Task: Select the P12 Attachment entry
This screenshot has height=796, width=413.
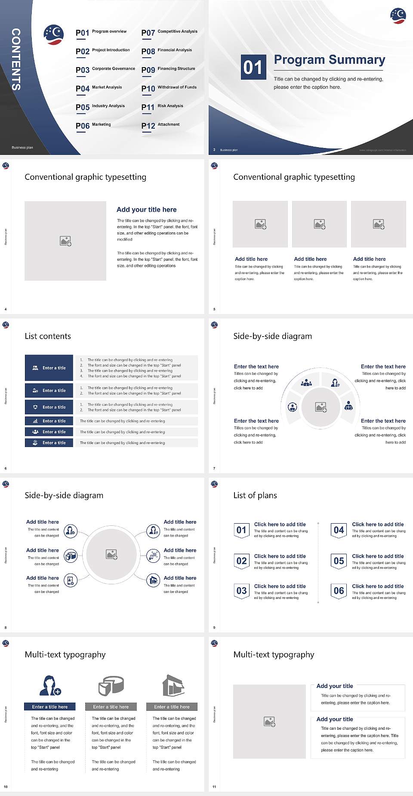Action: click(160, 126)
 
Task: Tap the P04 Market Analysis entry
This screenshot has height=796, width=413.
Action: click(99, 88)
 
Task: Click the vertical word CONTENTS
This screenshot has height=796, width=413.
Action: click(16, 59)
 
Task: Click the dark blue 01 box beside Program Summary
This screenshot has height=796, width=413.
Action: click(253, 67)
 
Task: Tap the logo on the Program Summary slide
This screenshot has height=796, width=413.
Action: click(398, 15)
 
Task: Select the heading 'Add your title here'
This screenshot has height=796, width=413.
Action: click(146, 210)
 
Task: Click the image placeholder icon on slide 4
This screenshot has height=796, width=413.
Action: click(65, 241)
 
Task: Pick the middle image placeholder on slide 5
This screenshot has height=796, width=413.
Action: click(319, 224)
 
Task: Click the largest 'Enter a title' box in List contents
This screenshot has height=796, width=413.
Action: click(49, 368)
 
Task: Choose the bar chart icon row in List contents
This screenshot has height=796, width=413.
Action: click(49, 421)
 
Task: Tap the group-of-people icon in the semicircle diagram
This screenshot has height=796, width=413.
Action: click(306, 382)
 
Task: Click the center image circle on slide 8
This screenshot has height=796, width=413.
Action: click(111, 554)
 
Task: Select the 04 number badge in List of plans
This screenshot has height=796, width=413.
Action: click(339, 530)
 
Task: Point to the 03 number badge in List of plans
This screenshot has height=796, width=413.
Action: click(241, 591)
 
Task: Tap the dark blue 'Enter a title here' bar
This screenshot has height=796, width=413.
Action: click(49, 707)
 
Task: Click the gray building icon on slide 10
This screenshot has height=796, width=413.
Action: click(173, 685)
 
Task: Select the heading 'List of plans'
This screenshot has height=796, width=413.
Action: click(255, 495)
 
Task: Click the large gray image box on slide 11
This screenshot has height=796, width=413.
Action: click(269, 721)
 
